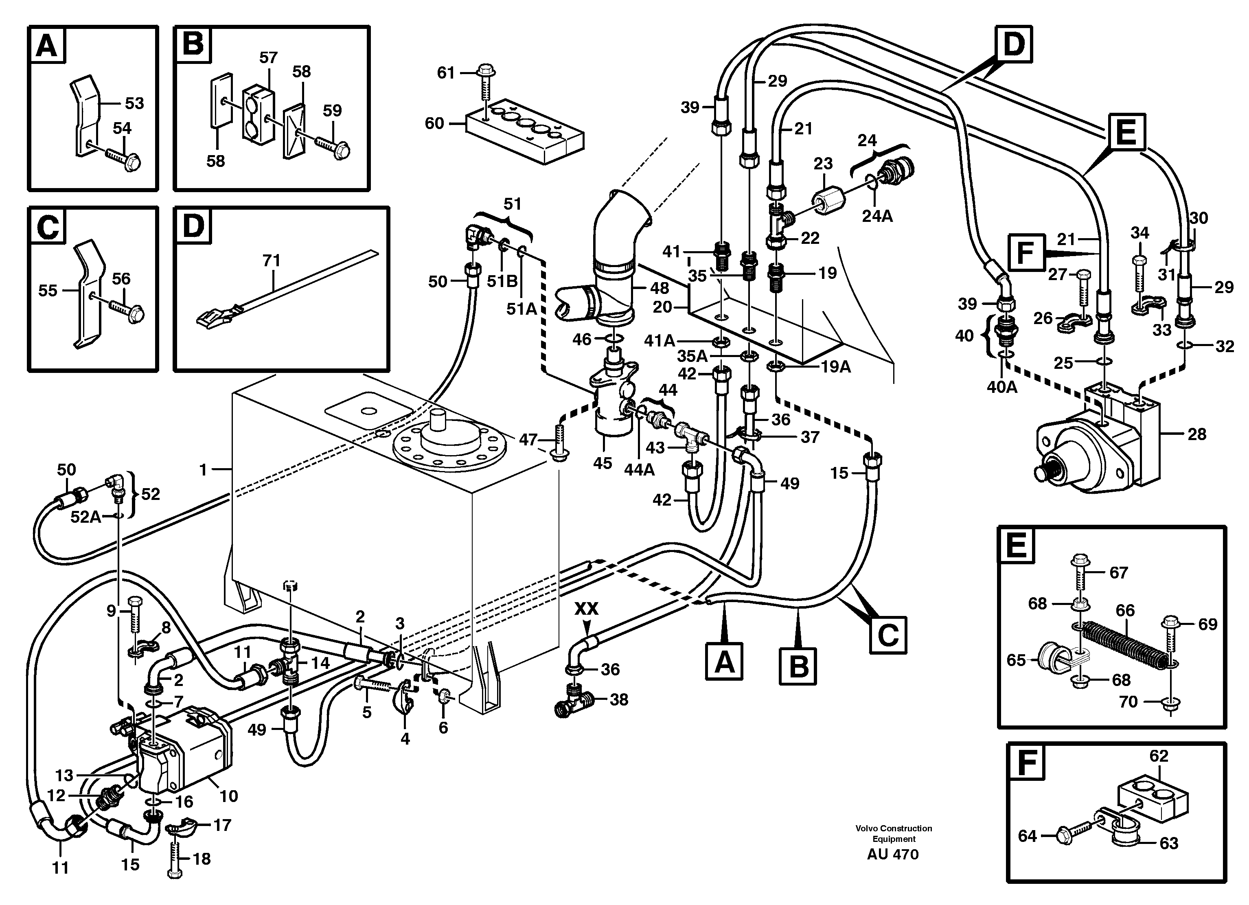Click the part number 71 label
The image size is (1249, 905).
click(x=272, y=260)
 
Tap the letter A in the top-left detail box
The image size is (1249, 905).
click(x=46, y=45)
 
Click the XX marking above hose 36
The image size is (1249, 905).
click(x=587, y=609)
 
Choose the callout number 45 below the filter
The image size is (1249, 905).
click(x=603, y=463)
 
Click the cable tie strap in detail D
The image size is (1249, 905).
click(x=286, y=289)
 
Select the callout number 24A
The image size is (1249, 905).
click(x=877, y=217)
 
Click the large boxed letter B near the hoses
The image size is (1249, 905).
click(x=798, y=666)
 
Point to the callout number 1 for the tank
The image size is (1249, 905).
click(x=203, y=469)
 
